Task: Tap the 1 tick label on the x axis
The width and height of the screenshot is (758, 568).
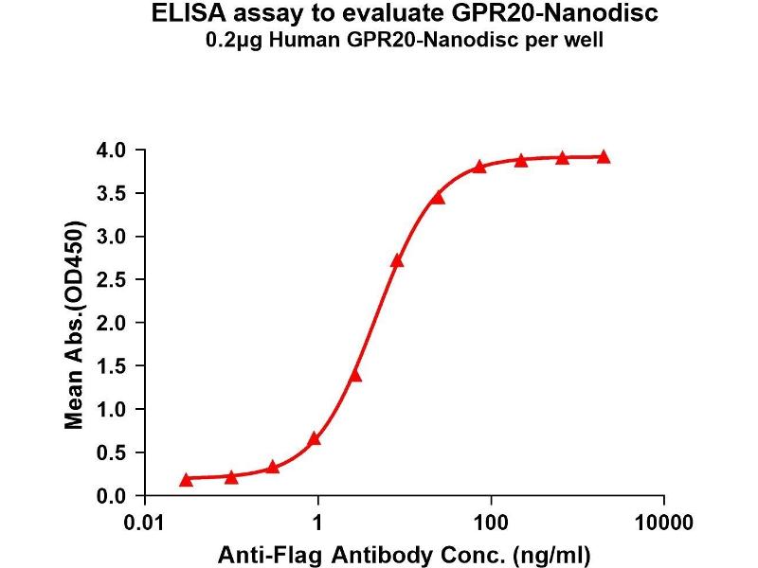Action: [x=318, y=521]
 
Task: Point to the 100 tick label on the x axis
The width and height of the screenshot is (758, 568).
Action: [x=491, y=521]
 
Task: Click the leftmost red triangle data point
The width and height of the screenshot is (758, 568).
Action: [x=186, y=480]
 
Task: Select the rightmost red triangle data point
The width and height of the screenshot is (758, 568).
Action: [x=604, y=157]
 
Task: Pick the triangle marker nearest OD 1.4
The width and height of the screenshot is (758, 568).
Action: [x=355, y=376]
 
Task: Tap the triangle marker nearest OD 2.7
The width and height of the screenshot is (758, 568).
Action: [x=397, y=260]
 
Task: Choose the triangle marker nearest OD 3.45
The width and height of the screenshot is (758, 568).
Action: [x=438, y=198]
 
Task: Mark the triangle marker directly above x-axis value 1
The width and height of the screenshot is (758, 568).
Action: [x=315, y=438]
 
